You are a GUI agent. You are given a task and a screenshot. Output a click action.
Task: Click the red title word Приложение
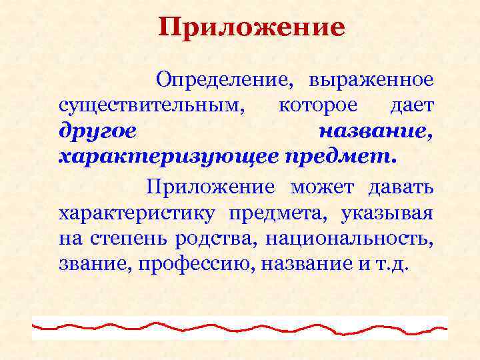[252, 28]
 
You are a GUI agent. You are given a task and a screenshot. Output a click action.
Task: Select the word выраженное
[371, 82]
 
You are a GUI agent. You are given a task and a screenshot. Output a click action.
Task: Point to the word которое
[317, 106]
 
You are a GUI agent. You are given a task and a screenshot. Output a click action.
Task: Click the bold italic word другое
[98, 131]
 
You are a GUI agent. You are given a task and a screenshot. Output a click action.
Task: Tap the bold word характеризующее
[169, 156]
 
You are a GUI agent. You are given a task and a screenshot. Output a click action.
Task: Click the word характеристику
[137, 214]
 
